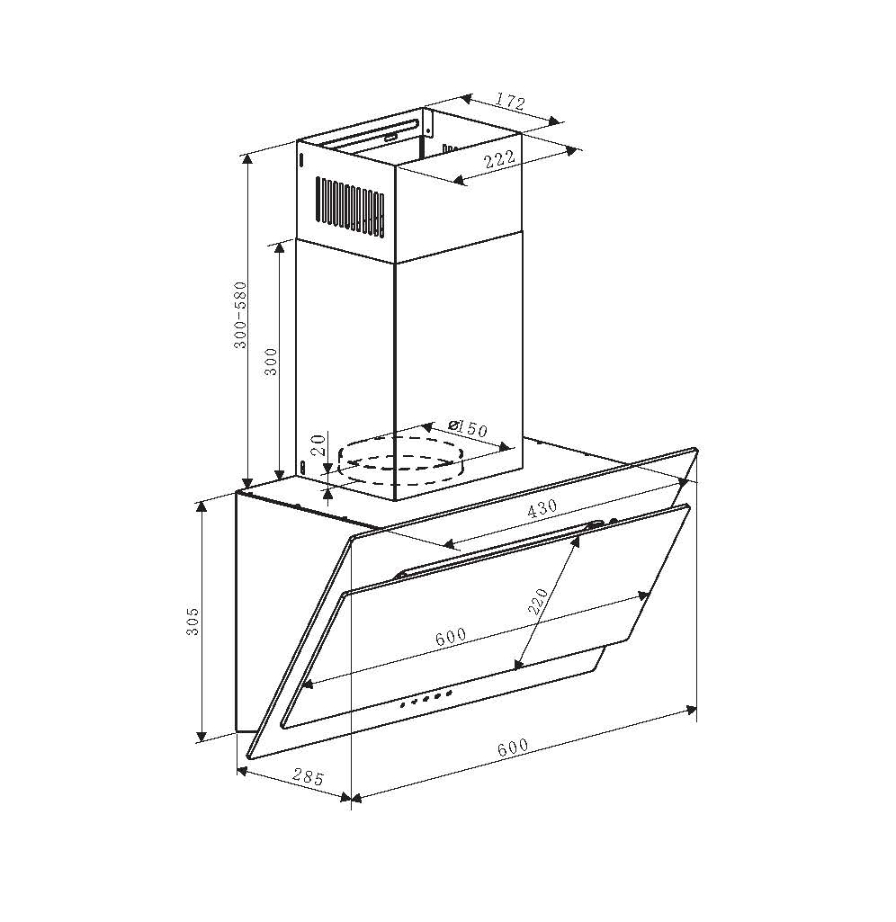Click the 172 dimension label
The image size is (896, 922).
tap(509, 102)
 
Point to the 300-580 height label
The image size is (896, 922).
tap(240, 315)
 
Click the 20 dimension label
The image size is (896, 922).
tap(318, 444)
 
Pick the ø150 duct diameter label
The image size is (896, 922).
tap(467, 428)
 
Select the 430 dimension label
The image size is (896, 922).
tap(542, 508)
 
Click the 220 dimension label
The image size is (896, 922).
tap(539, 601)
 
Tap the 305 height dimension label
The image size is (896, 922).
tap(193, 621)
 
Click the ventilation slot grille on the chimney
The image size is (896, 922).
tap(350, 208)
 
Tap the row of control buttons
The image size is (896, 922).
tap(425, 699)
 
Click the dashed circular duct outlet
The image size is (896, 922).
tap(399, 461)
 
